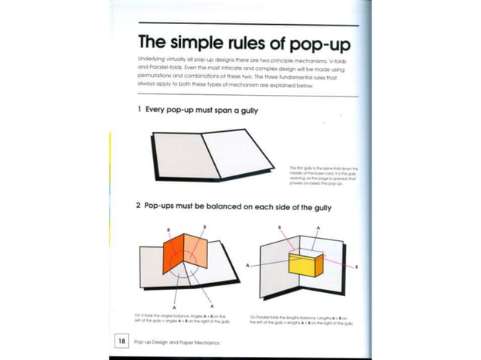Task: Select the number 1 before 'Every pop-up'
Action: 139,110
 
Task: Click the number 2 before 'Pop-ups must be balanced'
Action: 139,207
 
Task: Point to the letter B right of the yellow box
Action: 357,267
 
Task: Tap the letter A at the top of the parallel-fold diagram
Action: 317,227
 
